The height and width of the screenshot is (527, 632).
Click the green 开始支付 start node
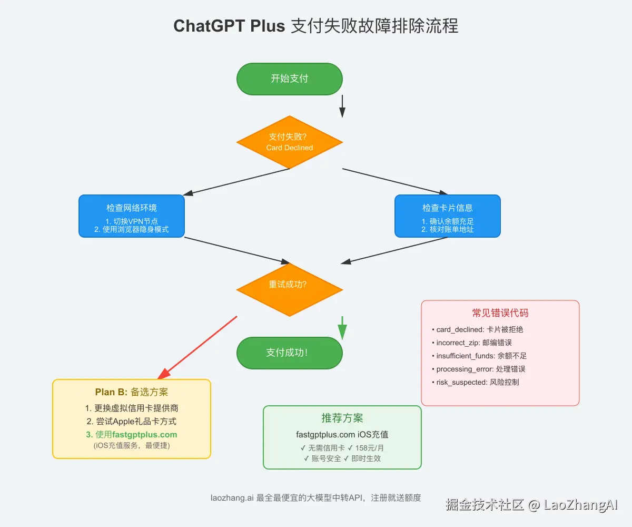click(x=289, y=79)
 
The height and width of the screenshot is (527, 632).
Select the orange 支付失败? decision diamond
click(x=289, y=142)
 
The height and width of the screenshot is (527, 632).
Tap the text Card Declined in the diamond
click(x=289, y=148)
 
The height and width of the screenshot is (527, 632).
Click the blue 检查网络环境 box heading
click(x=131, y=208)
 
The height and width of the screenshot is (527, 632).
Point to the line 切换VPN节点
click(x=131, y=221)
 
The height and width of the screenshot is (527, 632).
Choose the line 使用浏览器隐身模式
click(x=131, y=230)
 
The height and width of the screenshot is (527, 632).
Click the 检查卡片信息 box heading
click(x=447, y=208)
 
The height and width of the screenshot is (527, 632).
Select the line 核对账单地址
click(x=448, y=230)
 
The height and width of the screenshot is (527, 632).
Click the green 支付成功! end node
click(x=289, y=353)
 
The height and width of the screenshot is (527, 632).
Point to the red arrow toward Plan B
click(x=197, y=348)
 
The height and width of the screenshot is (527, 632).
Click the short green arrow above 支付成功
click(x=342, y=328)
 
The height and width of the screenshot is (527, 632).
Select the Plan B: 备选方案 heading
click(x=131, y=392)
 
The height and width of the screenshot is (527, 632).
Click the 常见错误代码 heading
click(x=500, y=313)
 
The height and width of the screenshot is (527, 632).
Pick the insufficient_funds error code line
click(x=481, y=356)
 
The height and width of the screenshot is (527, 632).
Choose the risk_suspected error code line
click(x=477, y=382)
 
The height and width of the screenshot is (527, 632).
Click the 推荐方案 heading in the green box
click(x=342, y=418)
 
